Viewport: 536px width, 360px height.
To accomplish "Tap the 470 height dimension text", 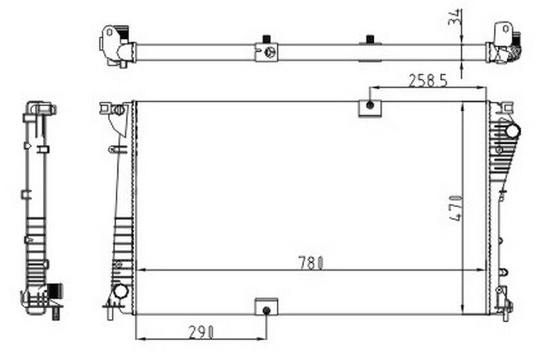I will tap(456, 208).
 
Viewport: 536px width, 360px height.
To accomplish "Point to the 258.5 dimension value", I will tap(428, 80).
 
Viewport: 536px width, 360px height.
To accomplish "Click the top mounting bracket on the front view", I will tap(369, 107).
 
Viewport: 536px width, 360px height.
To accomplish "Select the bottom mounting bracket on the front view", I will tap(266, 308).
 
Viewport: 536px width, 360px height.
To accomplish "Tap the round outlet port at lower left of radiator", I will tap(121, 292).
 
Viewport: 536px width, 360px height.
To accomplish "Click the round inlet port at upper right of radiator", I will tap(512, 131).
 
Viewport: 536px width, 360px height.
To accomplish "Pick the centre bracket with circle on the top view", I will tap(267, 52).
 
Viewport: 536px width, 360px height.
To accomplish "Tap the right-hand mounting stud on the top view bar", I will tap(369, 39).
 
